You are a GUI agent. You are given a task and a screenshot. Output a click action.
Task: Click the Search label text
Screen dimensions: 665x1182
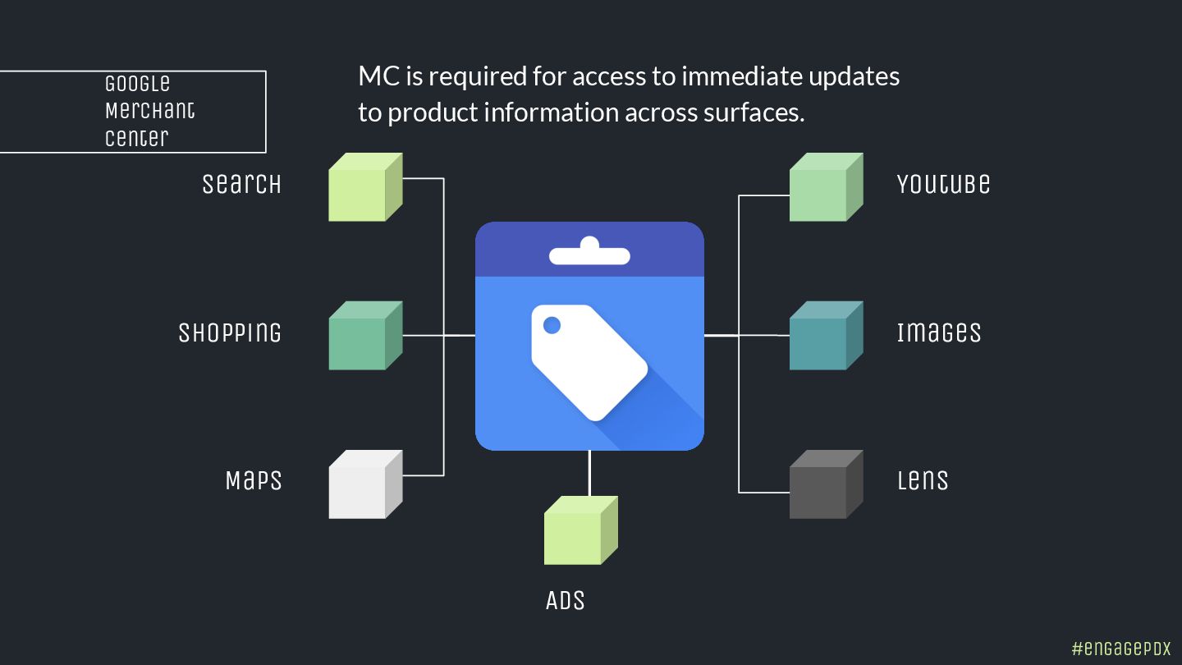241,184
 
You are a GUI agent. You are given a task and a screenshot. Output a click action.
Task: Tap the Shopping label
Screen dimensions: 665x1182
230,332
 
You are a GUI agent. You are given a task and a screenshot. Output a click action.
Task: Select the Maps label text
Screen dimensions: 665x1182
254,480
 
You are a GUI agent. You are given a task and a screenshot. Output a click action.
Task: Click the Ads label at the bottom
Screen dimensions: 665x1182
565,600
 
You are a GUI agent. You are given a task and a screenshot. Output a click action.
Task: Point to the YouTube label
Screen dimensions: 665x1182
943,184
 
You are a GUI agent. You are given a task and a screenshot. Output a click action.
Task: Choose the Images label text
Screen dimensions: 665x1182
939,332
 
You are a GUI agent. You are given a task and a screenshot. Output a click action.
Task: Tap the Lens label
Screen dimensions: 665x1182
923,480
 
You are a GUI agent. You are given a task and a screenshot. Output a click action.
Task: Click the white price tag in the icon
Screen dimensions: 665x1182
587,361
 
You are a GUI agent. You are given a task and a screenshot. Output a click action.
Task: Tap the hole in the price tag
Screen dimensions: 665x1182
552,326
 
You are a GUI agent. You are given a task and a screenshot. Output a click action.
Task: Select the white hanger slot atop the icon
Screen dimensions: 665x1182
589,254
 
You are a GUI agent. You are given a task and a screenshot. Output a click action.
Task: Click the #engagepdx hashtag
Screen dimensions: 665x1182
1121,648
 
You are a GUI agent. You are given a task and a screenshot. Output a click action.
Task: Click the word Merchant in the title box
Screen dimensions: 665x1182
150,111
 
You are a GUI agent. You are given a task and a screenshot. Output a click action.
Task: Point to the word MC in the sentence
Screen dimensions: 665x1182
379,76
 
